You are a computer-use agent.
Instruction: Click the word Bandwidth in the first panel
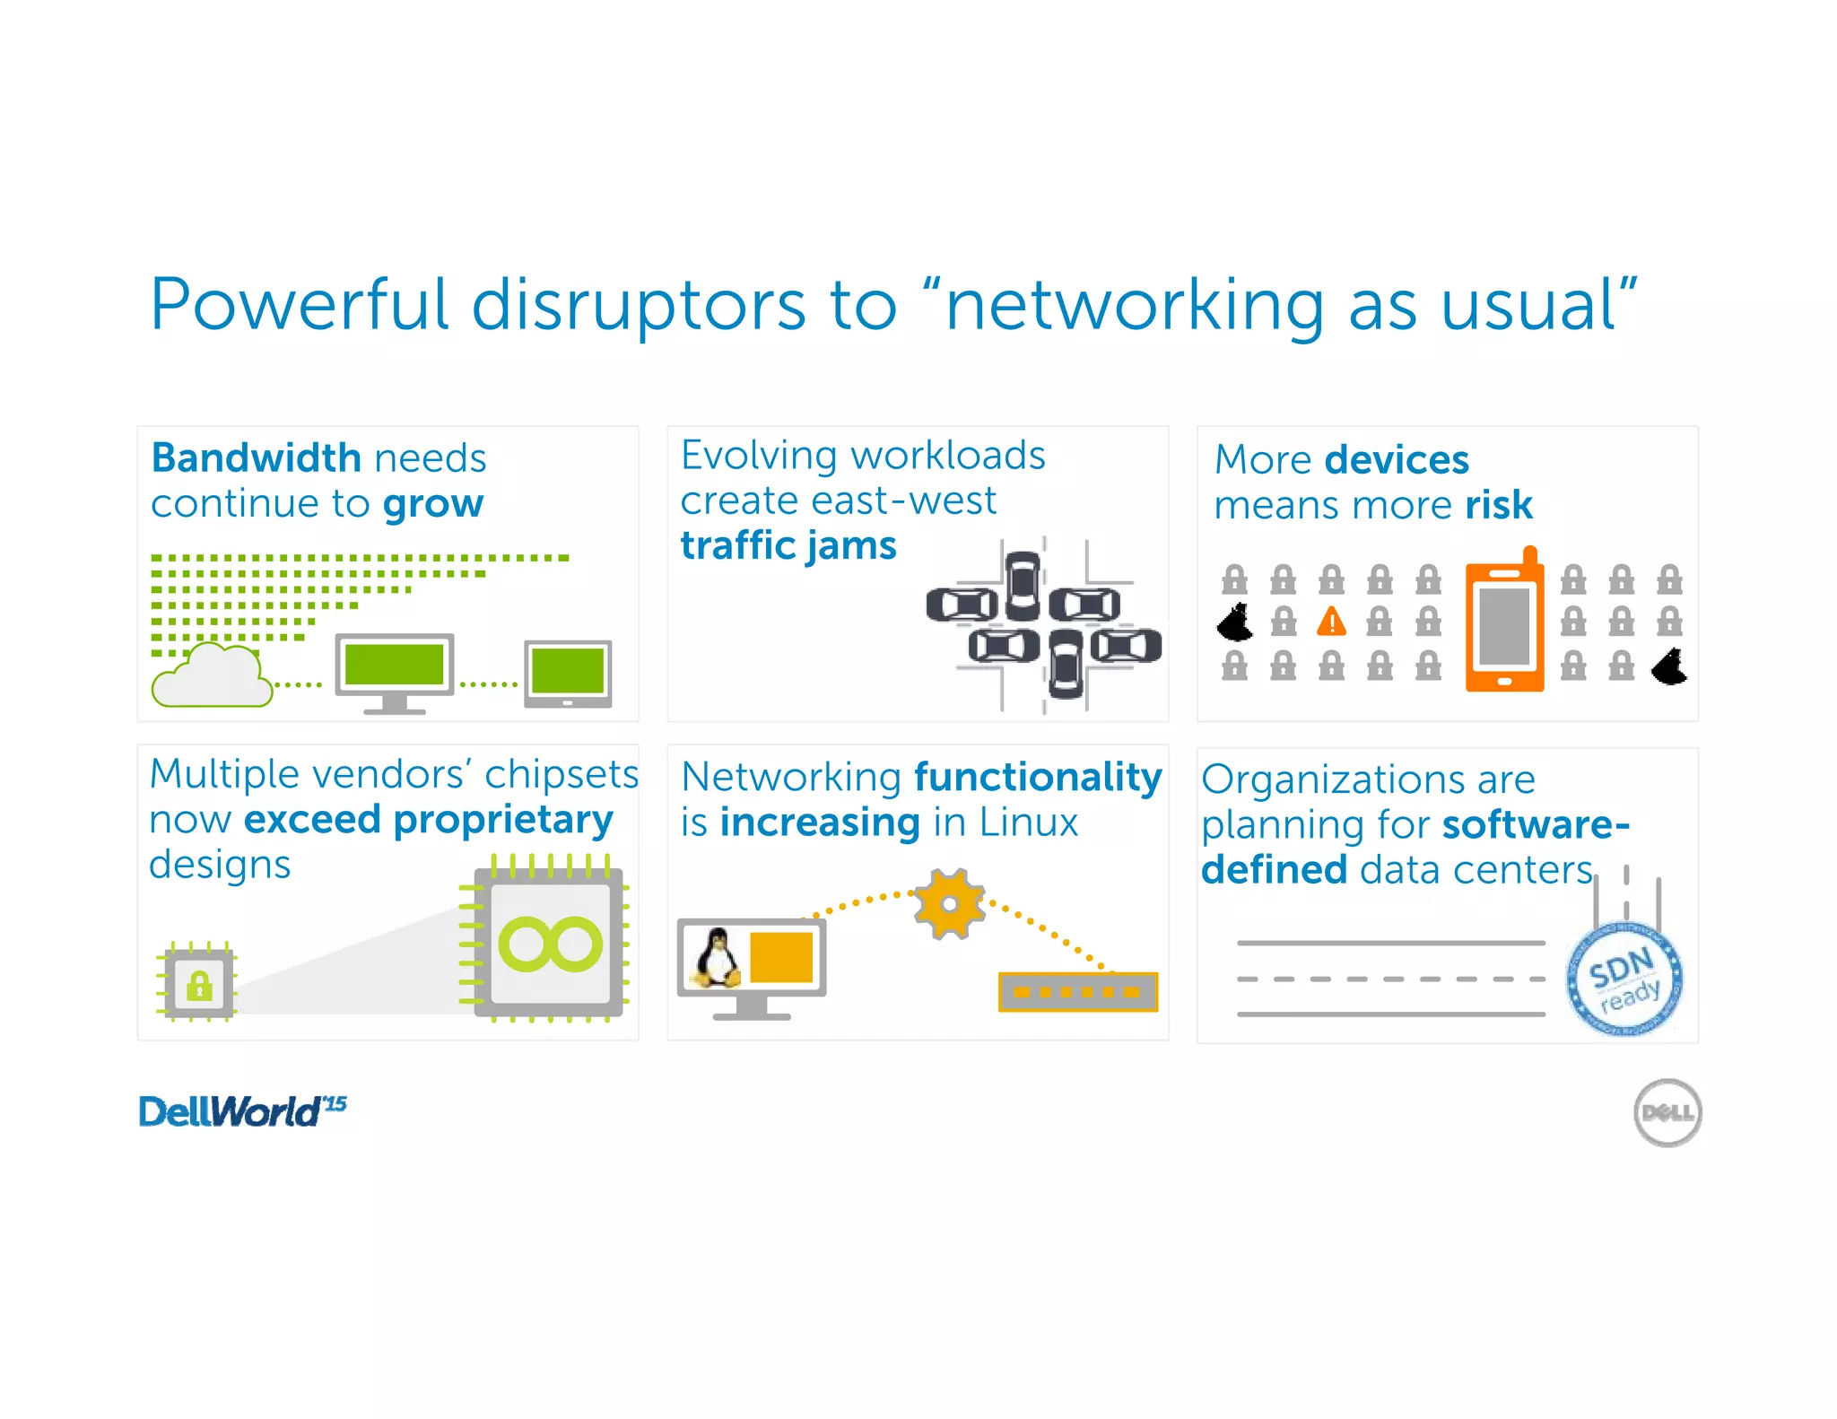pyautogui.click(x=256, y=458)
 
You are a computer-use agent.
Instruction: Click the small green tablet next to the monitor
pyautogui.click(x=568, y=673)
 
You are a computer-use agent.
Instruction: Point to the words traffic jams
pyautogui.click(x=788, y=546)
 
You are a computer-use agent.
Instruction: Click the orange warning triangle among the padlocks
pyautogui.click(x=1332, y=621)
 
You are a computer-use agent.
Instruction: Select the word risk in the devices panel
pyautogui.click(x=1499, y=505)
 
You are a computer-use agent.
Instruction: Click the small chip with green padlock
pyautogui.click(x=198, y=983)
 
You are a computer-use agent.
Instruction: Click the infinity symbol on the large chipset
pyautogui.click(x=550, y=945)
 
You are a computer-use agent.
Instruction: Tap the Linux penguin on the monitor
pyautogui.click(x=717, y=958)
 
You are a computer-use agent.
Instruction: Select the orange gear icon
pyautogui.click(x=949, y=903)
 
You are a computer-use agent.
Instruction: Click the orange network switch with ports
pyautogui.click(x=1077, y=992)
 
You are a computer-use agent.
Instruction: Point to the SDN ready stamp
pyautogui.click(x=1624, y=980)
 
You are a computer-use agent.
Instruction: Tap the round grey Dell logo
pyautogui.click(x=1667, y=1112)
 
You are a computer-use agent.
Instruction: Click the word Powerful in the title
pyautogui.click(x=299, y=305)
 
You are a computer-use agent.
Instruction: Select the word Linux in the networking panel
pyautogui.click(x=1028, y=823)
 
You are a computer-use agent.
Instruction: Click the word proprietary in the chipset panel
pyautogui.click(x=503, y=821)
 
